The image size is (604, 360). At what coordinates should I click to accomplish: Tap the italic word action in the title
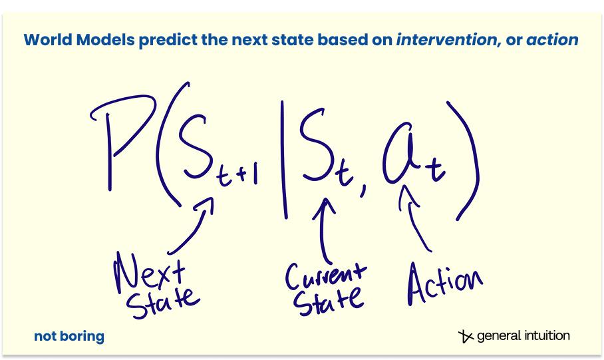(x=553, y=40)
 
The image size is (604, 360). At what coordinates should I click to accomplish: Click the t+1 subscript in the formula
(x=237, y=177)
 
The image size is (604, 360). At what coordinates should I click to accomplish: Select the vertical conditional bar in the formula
(x=284, y=160)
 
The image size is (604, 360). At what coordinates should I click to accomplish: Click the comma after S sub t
(x=364, y=190)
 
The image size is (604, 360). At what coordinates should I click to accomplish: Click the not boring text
(x=69, y=336)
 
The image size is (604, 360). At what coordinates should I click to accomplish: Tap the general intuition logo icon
(x=466, y=336)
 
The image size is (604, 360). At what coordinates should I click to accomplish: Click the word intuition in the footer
(x=547, y=335)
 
